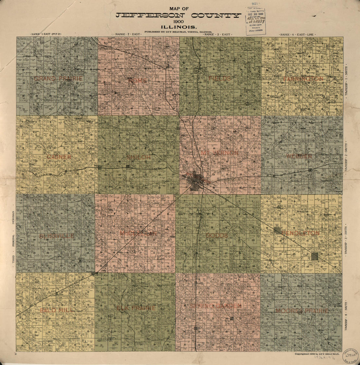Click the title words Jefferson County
tap(178, 15)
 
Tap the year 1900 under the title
tap(178, 21)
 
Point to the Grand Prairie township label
tap(58, 78)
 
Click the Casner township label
tap(59, 157)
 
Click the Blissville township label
tap(56, 236)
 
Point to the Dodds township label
tap(217, 235)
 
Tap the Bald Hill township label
tap(57, 310)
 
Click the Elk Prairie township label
tap(136, 308)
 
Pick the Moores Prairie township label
tap(301, 310)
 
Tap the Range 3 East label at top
tap(217, 34)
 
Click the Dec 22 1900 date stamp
tap(255, 14)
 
